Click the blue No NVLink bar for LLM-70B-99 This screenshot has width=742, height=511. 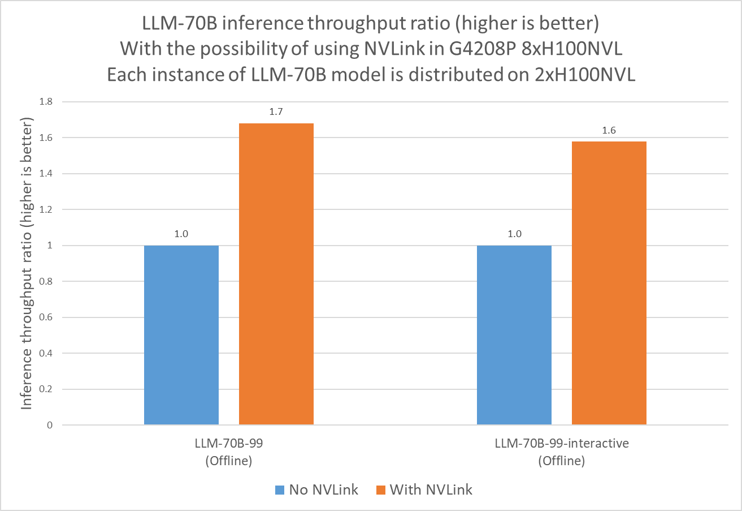click(x=181, y=335)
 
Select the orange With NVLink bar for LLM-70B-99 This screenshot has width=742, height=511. click(x=276, y=274)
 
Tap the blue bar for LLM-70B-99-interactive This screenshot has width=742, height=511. click(x=514, y=335)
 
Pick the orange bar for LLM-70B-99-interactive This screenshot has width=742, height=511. click(x=609, y=283)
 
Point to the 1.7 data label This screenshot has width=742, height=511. click(x=276, y=112)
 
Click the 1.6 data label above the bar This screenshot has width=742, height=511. click(x=609, y=130)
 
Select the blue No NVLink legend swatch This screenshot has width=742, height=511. click(x=280, y=490)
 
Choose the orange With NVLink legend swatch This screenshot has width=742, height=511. click(x=381, y=490)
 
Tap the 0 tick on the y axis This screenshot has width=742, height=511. click(x=50, y=425)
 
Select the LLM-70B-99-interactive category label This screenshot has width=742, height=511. click(x=561, y=444)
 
